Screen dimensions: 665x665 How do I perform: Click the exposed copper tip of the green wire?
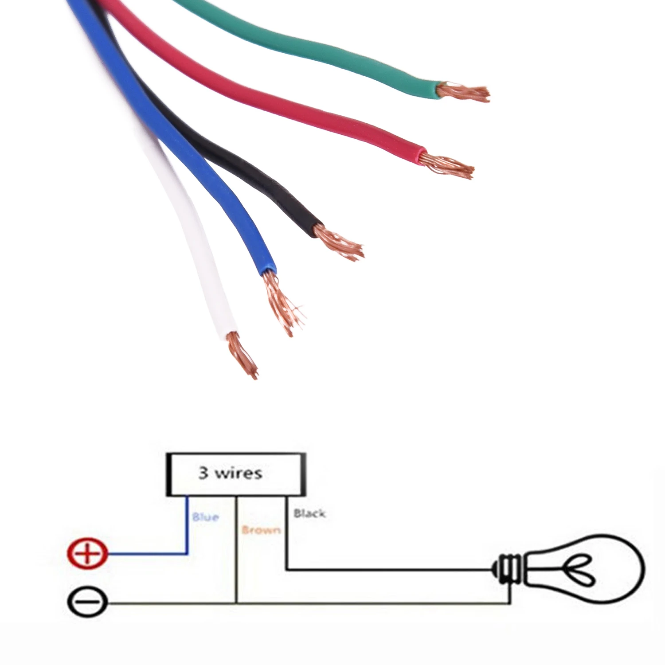pos(463,92)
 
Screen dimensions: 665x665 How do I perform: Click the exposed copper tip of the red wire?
pos(447,165)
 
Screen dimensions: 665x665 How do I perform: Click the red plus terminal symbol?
pos(88,553)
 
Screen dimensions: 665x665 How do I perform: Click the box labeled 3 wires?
pos(236,474)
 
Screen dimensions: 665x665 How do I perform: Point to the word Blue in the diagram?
pos(205,517)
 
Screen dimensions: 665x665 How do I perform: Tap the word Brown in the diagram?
pos(261,530)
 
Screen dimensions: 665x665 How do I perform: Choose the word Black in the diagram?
pos(310,513)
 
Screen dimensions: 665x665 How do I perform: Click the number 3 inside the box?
pos(203,473)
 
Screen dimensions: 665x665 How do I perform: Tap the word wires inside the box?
pos(239,473)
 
